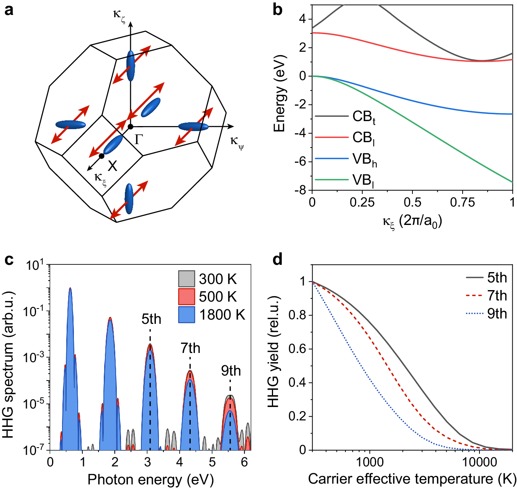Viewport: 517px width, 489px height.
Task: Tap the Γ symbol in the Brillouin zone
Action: coord(139,139)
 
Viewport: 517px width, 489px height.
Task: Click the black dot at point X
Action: coord(101,156)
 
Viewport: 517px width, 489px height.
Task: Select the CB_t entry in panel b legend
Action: coord(364,117)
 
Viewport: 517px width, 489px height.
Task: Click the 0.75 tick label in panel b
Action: coord(462,202)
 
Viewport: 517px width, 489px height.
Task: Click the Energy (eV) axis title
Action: coord(280,94)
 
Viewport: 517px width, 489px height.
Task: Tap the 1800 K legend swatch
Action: coord(187,315)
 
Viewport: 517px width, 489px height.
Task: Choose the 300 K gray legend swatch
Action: coord(187,279)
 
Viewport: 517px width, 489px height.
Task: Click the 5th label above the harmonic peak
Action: coord(151,319)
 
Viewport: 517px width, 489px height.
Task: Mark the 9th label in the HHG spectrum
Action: coord(231,371)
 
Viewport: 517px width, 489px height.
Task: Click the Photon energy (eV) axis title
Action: coord(151,479)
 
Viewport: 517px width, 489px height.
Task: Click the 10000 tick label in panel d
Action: coord(479,462)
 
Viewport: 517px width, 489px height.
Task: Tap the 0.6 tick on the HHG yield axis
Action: coord(298,349)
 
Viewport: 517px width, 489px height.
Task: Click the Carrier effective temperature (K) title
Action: coord(412,479)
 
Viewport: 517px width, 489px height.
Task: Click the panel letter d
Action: coord(277,259)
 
